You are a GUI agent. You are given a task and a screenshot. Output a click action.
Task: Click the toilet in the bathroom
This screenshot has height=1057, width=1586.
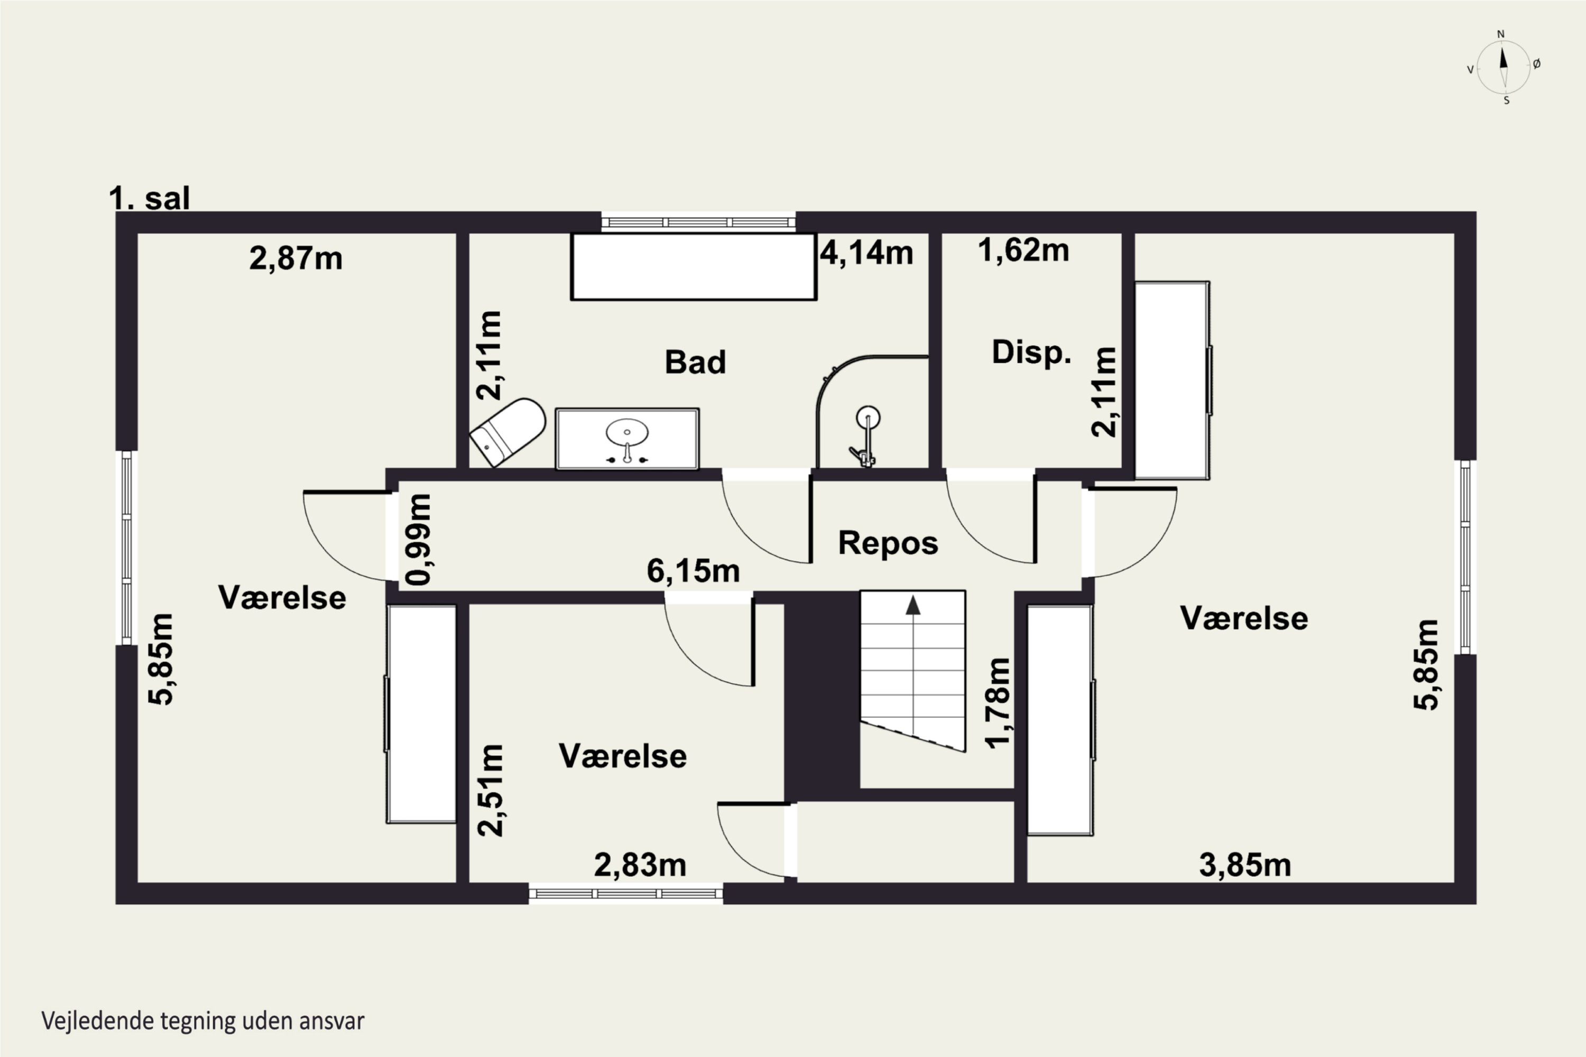[x=508, y=432]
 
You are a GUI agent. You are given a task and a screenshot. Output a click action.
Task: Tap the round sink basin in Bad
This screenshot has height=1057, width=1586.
[x=627, y=432]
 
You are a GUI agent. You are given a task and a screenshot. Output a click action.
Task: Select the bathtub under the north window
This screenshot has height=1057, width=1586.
[x=694, y=266]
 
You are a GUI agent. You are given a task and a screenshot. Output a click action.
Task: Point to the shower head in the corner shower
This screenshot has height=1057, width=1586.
[x=868, y=418]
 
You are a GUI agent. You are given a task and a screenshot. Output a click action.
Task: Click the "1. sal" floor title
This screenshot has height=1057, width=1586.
[x=149, y=198]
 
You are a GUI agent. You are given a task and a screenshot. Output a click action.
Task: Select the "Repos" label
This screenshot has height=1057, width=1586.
[x=888, y=543]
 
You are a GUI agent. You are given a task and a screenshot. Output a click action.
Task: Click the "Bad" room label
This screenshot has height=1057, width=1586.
[x=695, y=362]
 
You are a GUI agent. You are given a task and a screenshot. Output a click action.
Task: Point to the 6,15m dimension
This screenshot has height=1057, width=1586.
[x=693, y=571]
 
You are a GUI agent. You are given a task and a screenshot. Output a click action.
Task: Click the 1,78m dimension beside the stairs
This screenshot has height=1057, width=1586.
[x=998, y=703]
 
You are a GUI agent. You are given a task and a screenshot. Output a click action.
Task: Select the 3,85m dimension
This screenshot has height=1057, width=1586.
[x=1245, y=866]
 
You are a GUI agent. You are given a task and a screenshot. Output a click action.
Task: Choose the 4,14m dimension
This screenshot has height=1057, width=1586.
[x=866, y=253]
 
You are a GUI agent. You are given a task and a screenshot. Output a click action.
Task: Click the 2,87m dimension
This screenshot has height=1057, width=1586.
[x=296, y=258]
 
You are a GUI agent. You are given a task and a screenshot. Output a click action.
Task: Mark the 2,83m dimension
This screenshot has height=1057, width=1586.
[x=640, y=866]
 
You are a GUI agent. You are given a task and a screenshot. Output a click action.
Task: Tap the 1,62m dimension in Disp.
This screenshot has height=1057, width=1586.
[x=1023, y=251]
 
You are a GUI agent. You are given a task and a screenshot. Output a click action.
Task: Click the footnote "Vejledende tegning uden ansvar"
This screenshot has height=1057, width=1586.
[x=203, y=1021]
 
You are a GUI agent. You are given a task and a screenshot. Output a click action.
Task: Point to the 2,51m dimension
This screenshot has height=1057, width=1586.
[x=490, y=791]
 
